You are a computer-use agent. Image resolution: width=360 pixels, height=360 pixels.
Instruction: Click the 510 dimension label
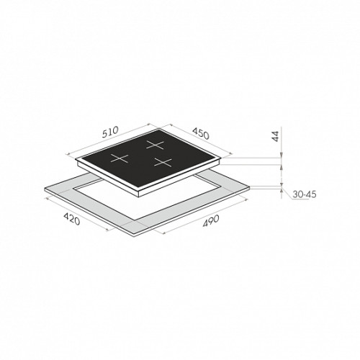coord(110,132)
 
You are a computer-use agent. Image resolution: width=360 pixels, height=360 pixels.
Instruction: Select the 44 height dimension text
coord(276,136)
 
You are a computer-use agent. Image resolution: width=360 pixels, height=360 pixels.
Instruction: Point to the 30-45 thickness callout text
coord(305,194)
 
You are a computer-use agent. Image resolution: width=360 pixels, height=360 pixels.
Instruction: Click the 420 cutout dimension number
coord(71,219)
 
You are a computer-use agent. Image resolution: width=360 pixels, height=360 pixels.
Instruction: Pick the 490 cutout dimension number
coord(211,221)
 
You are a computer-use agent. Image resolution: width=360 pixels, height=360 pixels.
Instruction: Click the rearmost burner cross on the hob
coord(156,145)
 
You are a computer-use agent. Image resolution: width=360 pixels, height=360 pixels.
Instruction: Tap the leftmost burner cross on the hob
coord(120,158)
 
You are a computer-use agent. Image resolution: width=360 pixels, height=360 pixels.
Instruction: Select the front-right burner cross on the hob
coord(163,162)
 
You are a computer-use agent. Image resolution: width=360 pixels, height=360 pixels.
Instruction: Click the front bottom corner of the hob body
coord(140,197)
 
